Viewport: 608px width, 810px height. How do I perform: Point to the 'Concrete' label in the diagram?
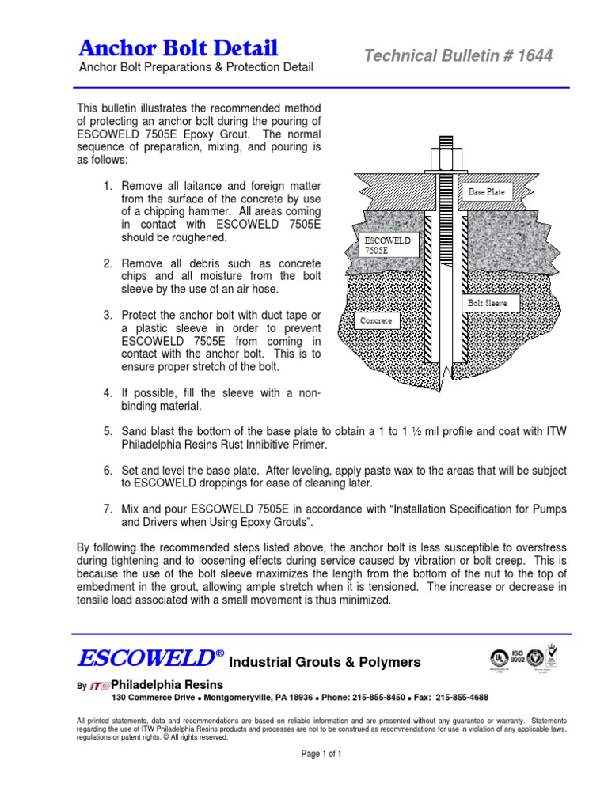click(x=377, y=321)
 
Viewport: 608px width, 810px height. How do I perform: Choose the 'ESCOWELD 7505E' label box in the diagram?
click(x=386, y=244)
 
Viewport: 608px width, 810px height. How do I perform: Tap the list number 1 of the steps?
click(x=108, y=186)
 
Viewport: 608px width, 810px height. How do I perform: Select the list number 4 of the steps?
click(x=108, y=393)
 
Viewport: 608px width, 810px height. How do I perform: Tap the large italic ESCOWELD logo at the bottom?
click(x=147, y=659)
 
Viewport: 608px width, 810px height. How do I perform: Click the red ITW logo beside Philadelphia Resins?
click(x=100, y=685)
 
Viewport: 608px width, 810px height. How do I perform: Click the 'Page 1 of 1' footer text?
click(x=321, y=755)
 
